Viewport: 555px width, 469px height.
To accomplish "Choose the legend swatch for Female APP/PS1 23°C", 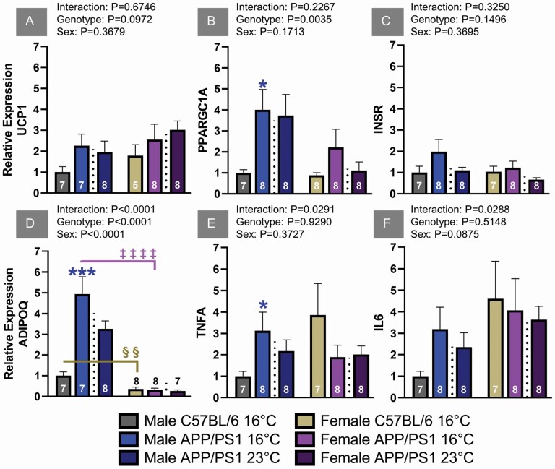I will (x=301, y=457).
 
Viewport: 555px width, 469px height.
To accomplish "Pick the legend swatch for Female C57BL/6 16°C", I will (x=301, y=420).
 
